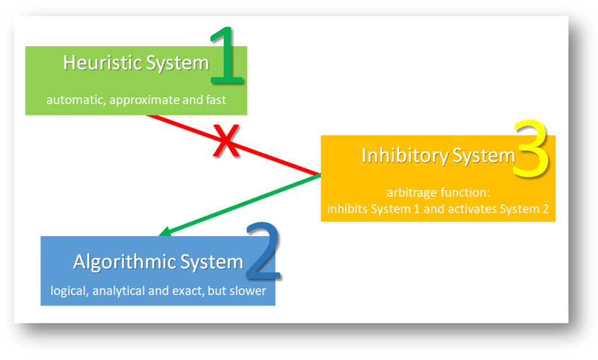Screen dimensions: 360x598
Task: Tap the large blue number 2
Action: (263, 254)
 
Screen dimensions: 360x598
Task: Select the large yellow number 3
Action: (530, 150)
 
